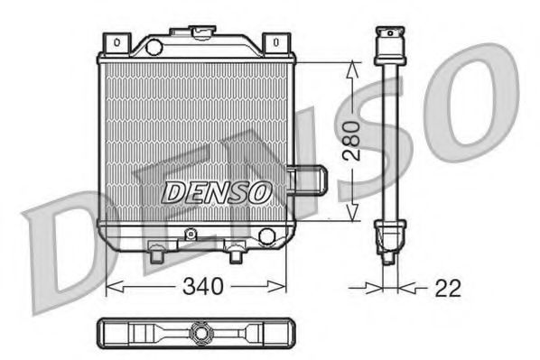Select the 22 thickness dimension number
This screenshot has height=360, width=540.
[446, 289]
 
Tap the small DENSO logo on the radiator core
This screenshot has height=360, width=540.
[217, 192]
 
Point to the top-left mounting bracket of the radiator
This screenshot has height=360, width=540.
[116, 42]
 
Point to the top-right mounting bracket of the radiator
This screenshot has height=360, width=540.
[275, 42]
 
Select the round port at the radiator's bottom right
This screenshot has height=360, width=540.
[265, 236]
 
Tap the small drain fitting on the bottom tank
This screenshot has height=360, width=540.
[190, 235]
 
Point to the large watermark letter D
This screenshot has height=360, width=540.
[63, 253]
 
